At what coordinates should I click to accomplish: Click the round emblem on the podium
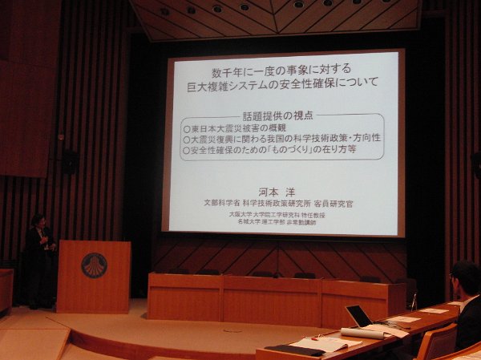pos(93,265)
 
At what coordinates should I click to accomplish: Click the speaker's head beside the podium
pos(37,220)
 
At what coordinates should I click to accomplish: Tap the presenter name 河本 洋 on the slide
pos(281,192)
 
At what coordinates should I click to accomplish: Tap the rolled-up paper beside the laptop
pos(362,333)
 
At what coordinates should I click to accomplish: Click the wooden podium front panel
pos(93,277)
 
